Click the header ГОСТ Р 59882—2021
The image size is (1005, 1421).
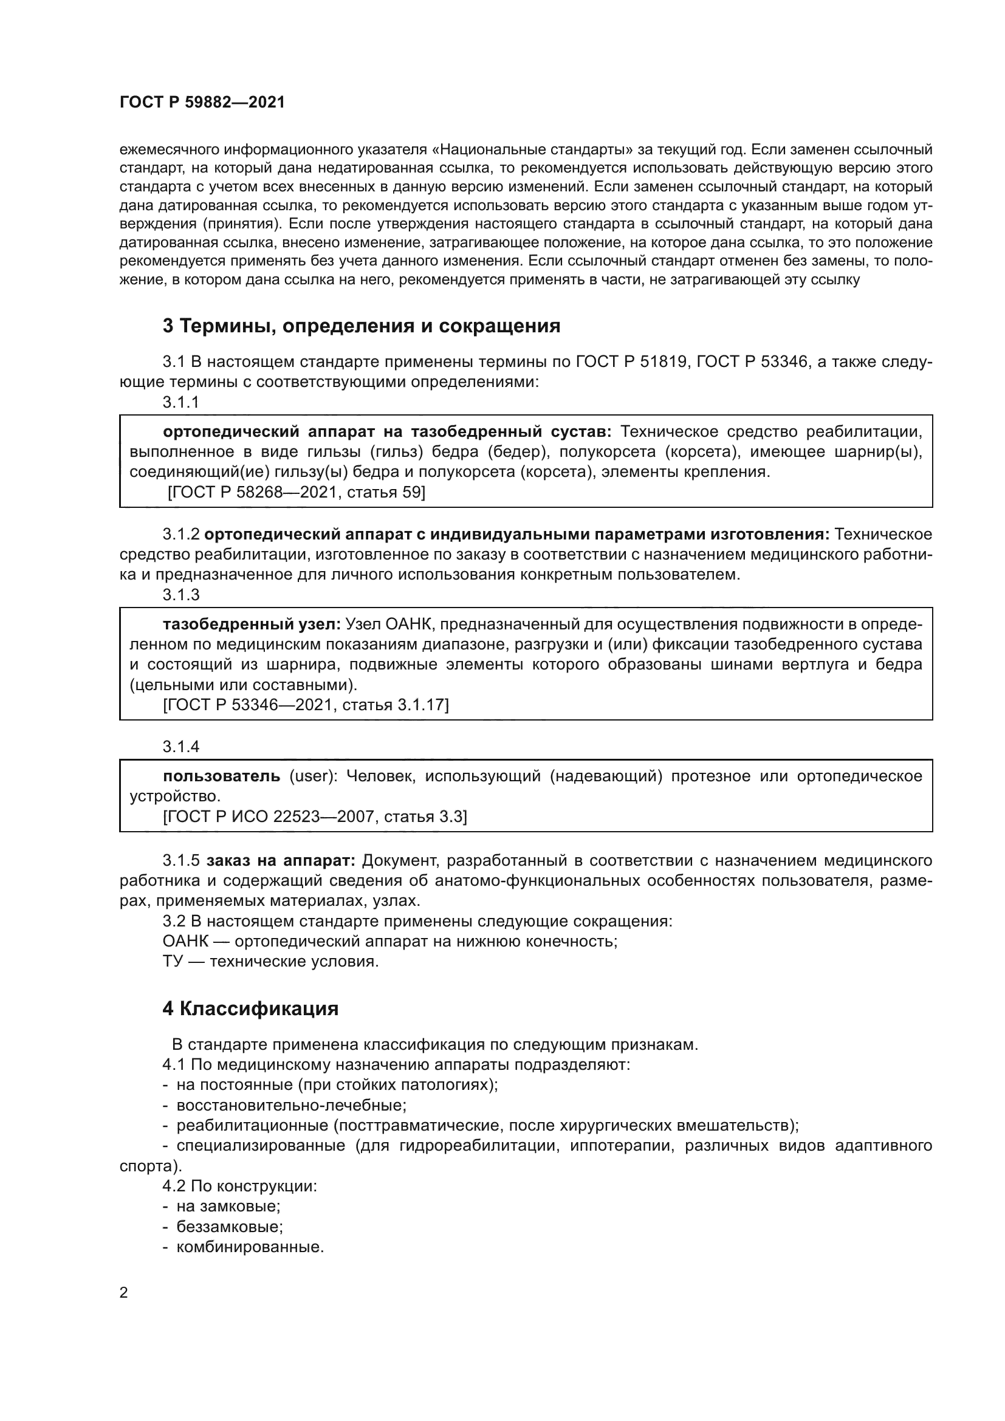coord(202,103)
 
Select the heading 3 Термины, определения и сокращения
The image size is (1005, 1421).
coord(362,326)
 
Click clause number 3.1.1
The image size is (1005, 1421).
coord(180,402)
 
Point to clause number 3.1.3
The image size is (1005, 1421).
coord(180,595)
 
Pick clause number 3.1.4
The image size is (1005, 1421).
coord(180,747)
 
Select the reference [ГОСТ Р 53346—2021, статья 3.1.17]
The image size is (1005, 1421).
coord(305,705)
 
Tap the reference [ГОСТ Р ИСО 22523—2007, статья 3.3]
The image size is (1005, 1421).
coord(314,817)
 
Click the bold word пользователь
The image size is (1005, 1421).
coord(222,776)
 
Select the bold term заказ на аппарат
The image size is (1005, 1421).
coord(280,860)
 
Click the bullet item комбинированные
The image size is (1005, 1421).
coord(250,1247)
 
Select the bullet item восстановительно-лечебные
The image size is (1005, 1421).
coord(291,1104)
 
